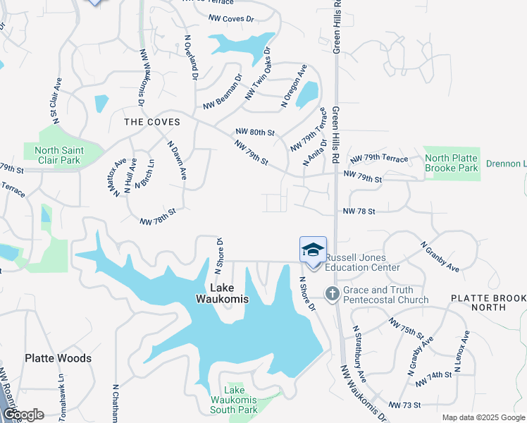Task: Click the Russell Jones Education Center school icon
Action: (313, 250)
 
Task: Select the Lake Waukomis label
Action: (229, 293)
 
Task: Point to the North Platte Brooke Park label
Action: (452, 163)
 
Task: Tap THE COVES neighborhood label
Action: (152, 122)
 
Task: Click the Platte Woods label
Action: (58, 358)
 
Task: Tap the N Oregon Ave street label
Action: (294, 86)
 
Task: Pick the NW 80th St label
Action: (254, 132)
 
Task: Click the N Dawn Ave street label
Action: (177, 160)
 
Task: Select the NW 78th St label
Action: (157, 214)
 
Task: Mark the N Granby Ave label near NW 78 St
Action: (440, 257)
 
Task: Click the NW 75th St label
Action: (406, 326)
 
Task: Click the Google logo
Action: (23, 414)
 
